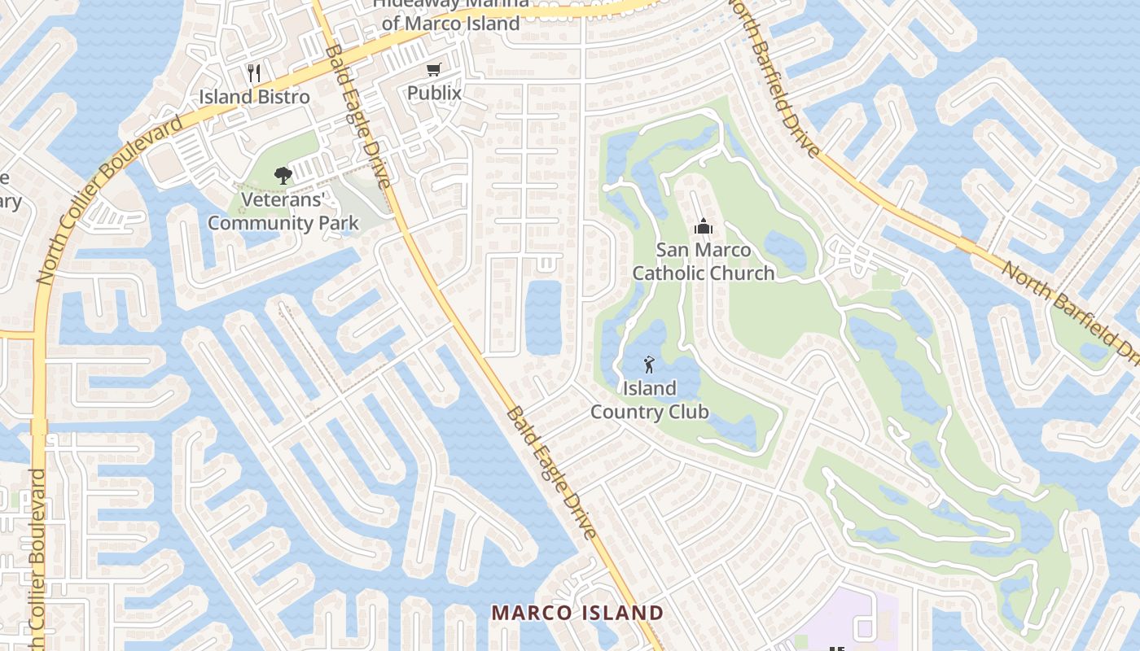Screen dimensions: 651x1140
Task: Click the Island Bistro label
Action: coord(254,97)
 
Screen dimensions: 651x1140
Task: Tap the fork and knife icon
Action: coord(254,73)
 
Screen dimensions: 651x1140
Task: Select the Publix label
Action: coord(434,93)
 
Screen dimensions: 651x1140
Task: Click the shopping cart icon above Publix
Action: coord(434,70)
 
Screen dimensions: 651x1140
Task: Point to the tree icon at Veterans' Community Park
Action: coord(283,175)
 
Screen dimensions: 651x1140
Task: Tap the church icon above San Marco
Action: coord(703,227)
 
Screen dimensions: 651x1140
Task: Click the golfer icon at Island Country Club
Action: coord(649,365)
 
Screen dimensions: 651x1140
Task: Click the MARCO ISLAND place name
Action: coord(578,613)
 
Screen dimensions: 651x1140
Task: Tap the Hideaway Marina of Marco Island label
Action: coord(450,15)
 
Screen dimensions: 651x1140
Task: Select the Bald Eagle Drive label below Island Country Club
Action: coord(551,472)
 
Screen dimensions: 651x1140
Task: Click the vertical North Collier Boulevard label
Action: coord(37,553)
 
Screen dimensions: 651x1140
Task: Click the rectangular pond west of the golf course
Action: coord(543,318)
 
